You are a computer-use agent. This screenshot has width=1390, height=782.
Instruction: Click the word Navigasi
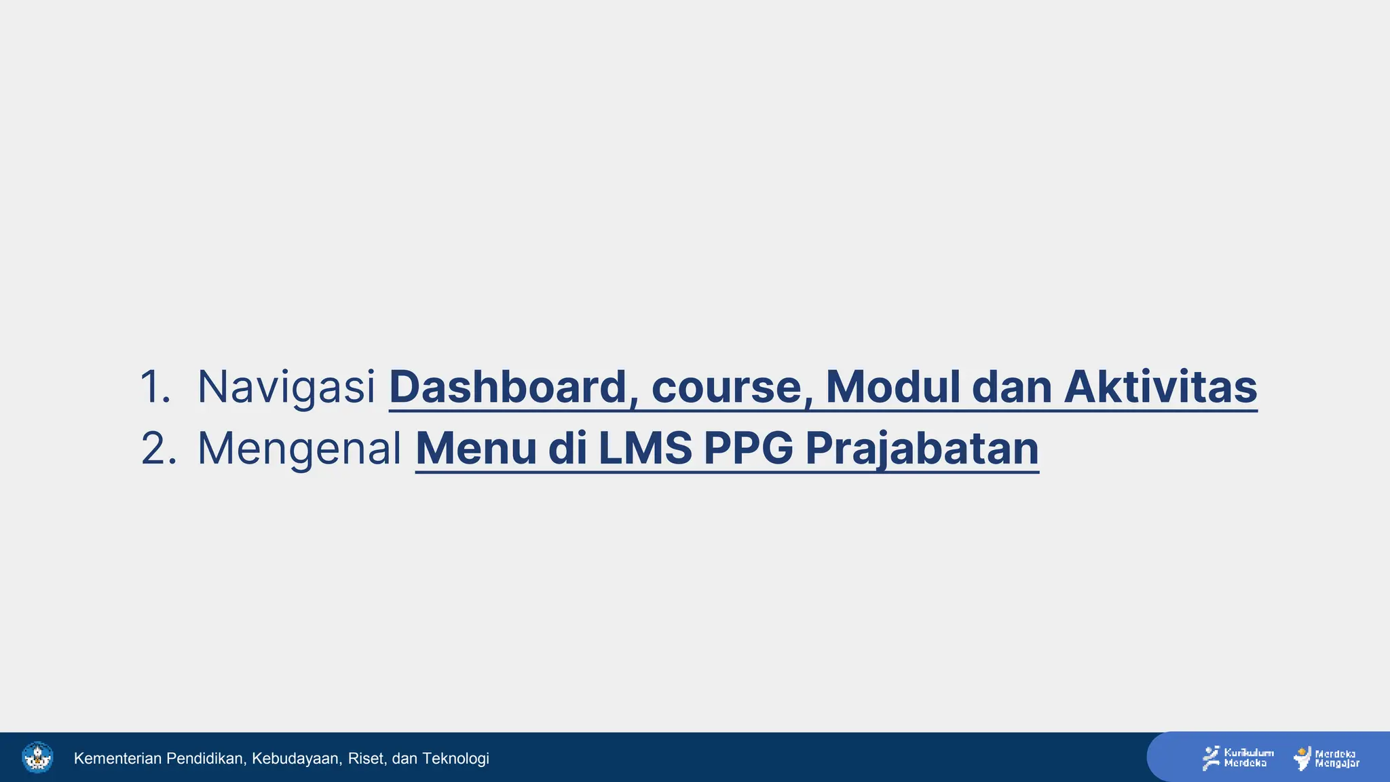[286, 388]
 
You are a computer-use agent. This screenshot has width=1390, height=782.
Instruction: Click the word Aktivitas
[1161, 388]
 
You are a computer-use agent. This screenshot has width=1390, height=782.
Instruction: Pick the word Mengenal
[299, 449]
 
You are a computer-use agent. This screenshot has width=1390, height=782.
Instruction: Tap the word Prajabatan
[922, 449]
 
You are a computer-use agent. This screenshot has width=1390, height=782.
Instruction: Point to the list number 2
[158, 449]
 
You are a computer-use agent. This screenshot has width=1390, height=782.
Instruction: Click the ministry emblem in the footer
[37, 758]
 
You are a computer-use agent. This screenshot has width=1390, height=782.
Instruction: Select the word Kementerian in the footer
[118, 758]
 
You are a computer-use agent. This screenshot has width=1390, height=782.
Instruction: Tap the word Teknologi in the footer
[455, 758]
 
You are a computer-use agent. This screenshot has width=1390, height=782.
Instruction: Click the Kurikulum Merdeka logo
[1237, 758]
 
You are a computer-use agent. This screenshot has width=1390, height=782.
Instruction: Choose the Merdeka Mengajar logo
[1326, 758]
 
